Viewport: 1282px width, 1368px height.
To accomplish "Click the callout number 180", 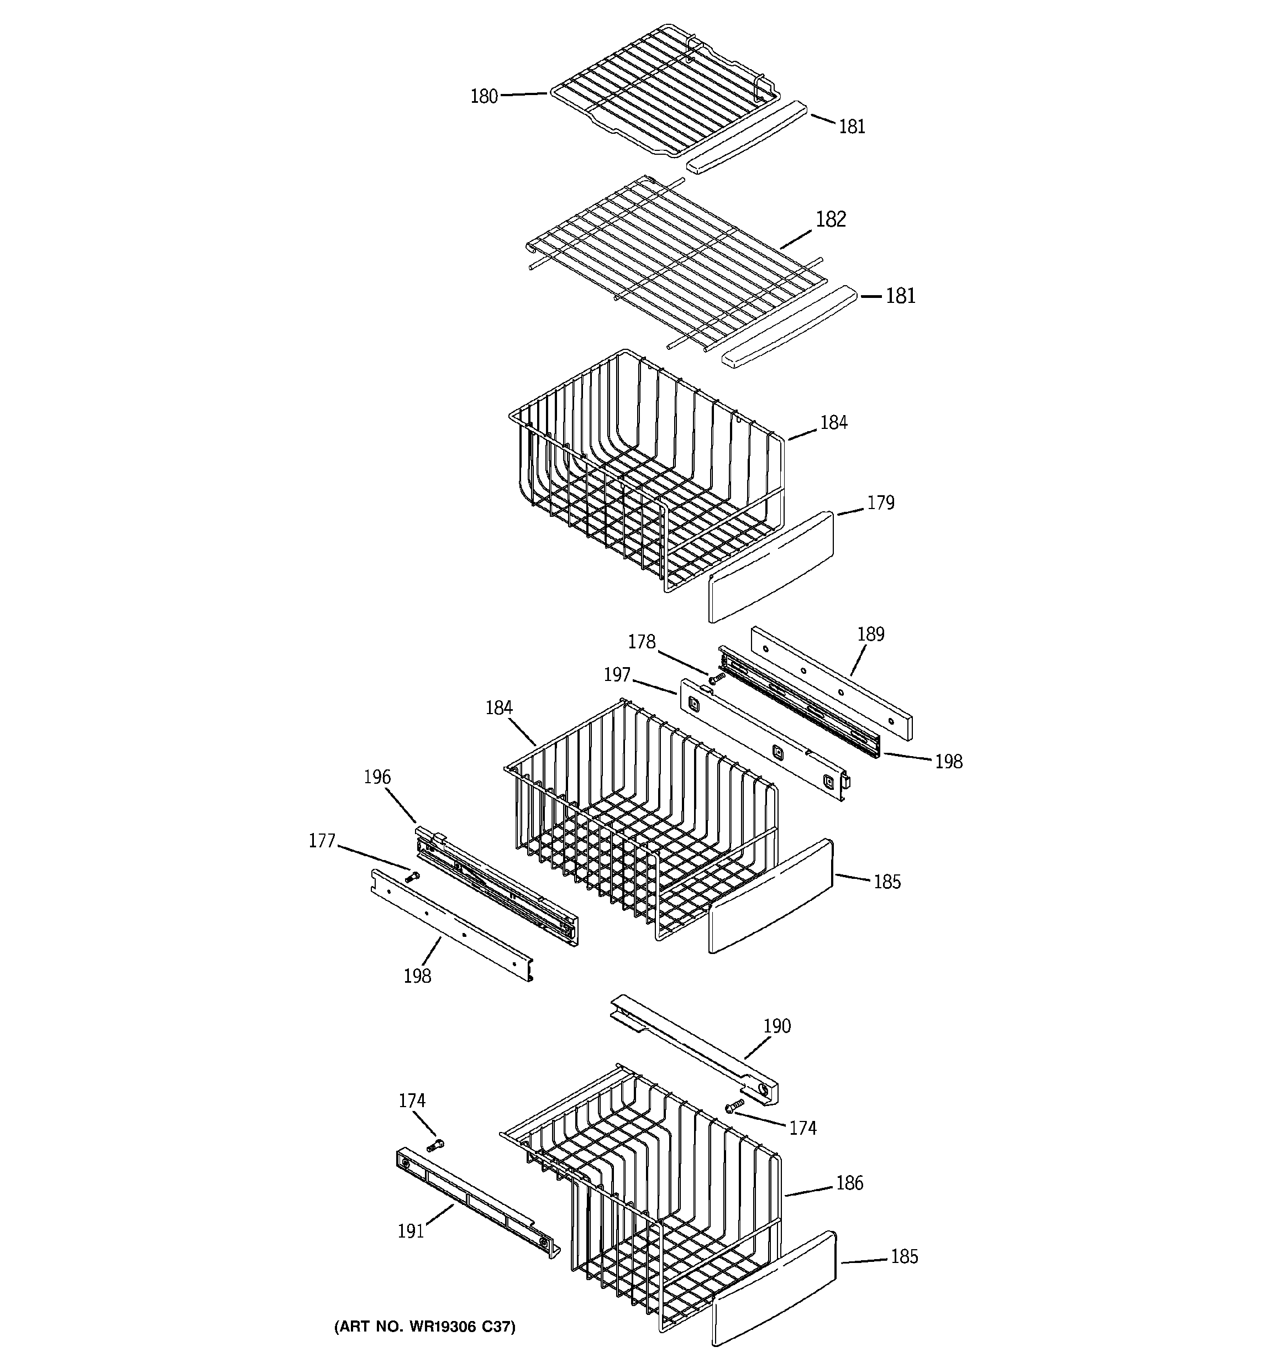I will [484, 96].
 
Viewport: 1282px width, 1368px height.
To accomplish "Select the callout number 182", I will [831, 219].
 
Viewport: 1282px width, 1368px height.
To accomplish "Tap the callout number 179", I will [880, 503].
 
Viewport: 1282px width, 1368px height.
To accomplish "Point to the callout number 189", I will [870, 634].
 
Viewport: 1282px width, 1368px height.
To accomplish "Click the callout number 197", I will [617, 675].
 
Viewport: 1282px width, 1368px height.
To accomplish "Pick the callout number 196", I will [377, 778].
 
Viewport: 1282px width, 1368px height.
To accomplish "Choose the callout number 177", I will [322, 841].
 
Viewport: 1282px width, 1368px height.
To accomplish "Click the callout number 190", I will [777, 1026].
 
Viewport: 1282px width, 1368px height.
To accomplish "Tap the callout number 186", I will [849, 1183].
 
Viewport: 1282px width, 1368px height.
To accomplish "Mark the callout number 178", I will [642, 641].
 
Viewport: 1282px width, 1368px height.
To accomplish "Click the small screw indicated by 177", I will [413, 877].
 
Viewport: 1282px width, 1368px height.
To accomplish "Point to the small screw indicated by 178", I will [716, 679].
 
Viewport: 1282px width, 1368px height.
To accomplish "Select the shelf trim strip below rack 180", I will [746, 137].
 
